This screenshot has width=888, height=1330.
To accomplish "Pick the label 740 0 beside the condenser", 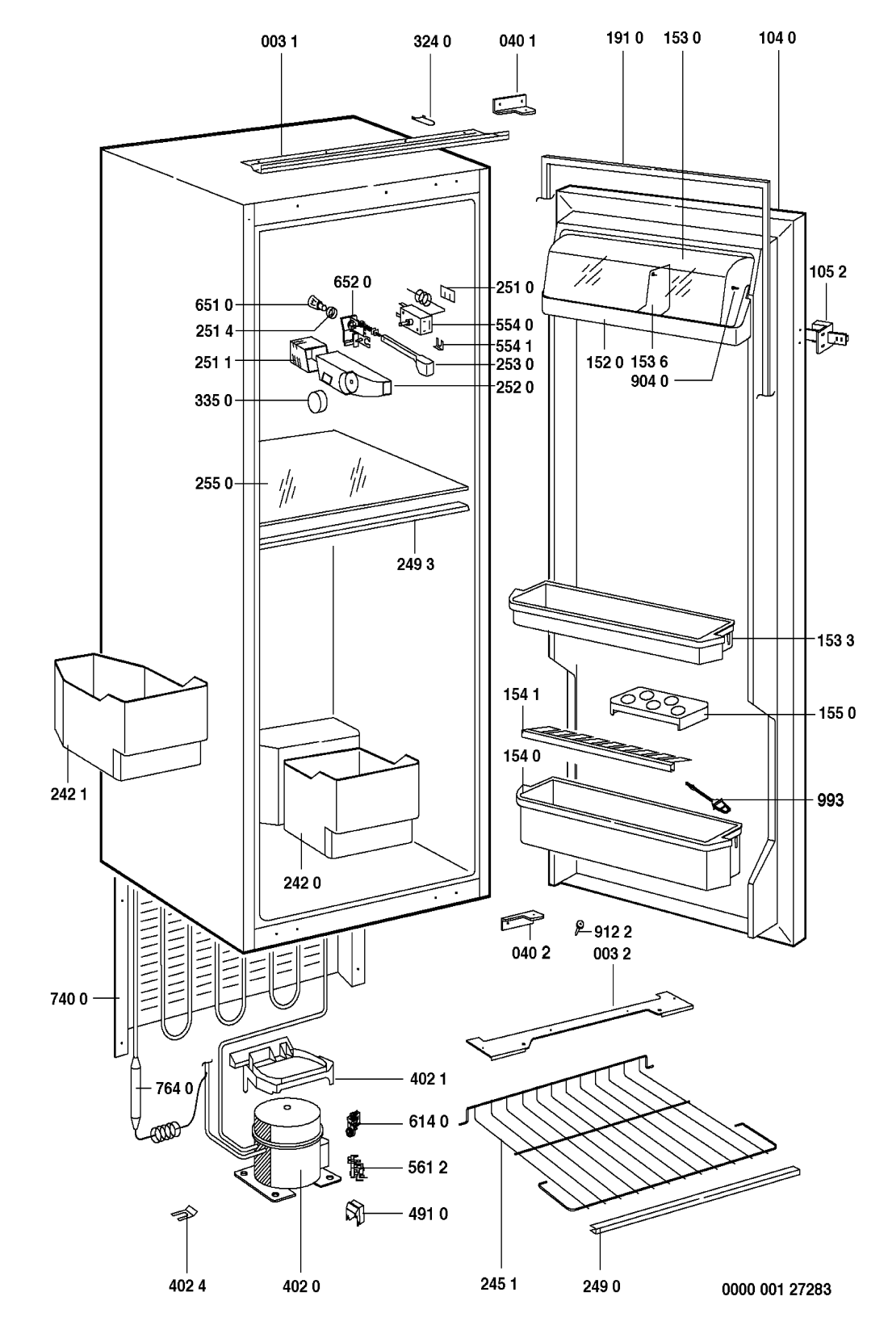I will [72, 999].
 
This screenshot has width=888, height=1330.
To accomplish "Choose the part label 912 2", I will [613, 931].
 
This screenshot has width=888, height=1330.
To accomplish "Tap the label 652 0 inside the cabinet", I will [352, 282].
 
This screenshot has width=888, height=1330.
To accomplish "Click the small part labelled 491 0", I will [354, 1212].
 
